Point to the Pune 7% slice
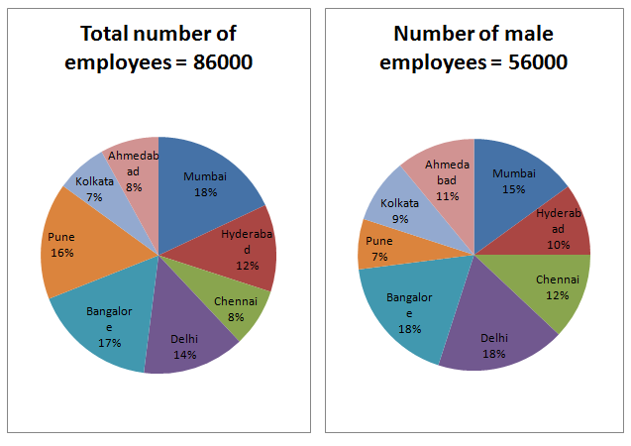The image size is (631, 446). (x=379, y=248)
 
